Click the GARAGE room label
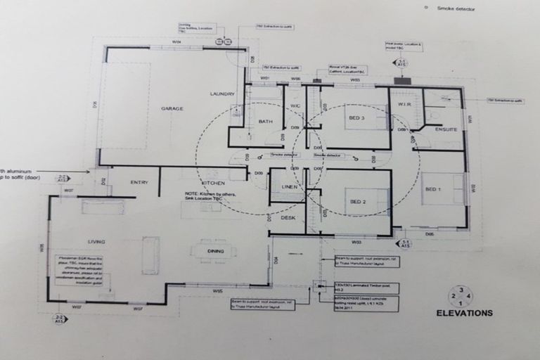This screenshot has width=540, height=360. click(172, 108)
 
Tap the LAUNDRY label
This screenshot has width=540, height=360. click(222, 94)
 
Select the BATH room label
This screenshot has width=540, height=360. click(265, 122)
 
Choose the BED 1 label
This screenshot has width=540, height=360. click(433, 189)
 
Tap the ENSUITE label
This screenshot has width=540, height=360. click(446, 129)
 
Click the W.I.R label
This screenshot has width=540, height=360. click(404, 105)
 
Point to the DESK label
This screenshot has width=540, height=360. click(288, 218)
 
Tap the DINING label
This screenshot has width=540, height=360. click(216, 251)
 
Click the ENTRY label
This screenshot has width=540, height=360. click(139, 182)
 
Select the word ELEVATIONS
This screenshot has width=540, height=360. click(464, 313)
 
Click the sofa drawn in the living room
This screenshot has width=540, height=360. click(150, 255)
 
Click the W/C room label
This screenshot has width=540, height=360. click(295, 106)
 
